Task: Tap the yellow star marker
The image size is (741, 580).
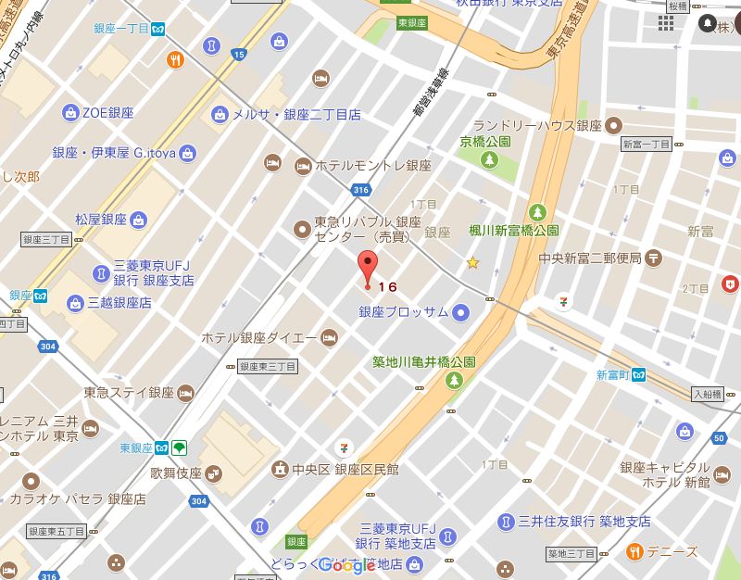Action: click(x=473, y=263)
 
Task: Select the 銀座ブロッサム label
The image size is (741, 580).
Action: click(x=404, y=311)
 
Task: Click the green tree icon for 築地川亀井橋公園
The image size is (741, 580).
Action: click(x=454, y=380)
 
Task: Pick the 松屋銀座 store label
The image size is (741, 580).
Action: click(x=101, y=220)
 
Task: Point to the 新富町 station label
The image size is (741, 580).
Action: click(x=612, y=375)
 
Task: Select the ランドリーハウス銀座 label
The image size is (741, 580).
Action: click(x=537, y=125)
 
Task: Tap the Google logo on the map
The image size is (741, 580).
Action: click(x=347, y=565)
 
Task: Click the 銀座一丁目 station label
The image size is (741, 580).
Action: click(x=121, y=29)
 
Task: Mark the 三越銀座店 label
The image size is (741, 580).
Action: click(x=119, y=302)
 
